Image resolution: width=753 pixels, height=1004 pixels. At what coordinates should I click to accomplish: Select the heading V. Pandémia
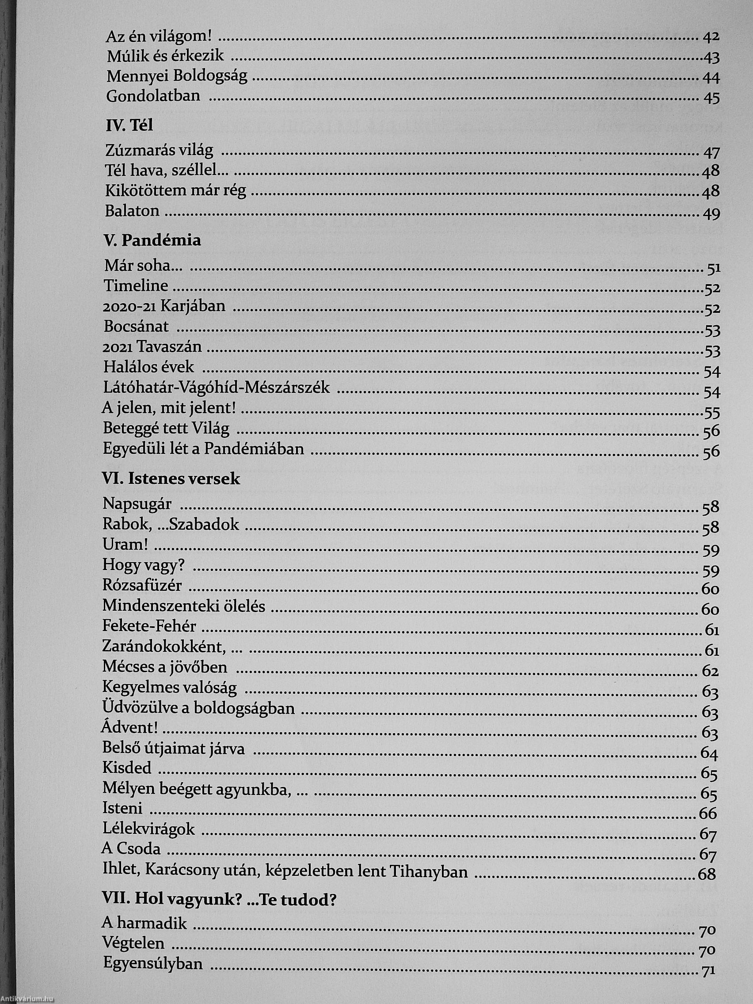pos(152,240)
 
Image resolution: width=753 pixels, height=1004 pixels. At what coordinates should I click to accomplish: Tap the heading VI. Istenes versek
pos(171,479)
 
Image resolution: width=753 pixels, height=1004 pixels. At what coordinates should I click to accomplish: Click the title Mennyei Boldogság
pos(177,76)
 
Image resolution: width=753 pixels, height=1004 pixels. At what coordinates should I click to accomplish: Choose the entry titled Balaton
pos(132,211)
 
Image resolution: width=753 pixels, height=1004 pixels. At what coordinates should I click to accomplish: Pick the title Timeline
pos(136,286)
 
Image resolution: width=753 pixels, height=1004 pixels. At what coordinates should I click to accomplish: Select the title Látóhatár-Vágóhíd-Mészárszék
pos(217,388)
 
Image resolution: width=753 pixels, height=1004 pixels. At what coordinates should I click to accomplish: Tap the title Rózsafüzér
pos(142,586)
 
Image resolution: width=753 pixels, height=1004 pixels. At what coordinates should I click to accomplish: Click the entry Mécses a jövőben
pos(165,667)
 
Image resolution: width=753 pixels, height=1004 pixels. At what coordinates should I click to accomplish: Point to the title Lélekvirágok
pos(148,829)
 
